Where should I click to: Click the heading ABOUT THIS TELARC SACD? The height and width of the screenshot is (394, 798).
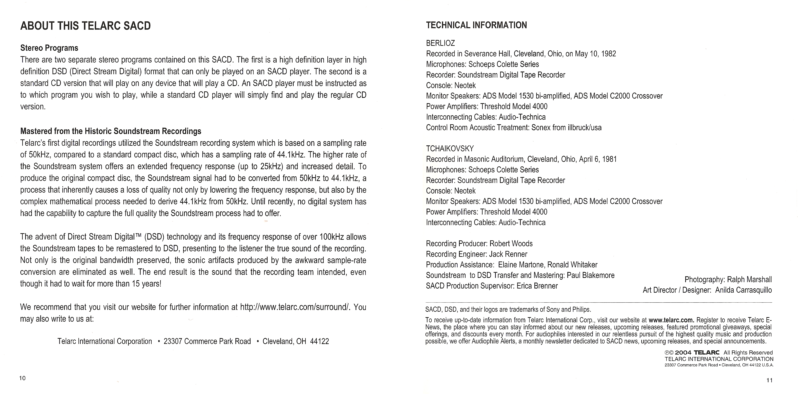coord(86,26)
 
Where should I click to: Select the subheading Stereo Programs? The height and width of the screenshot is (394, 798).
coord(49,48)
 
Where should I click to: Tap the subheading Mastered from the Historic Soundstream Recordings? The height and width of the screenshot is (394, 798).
coord(111,131)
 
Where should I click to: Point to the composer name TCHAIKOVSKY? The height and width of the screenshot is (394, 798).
coord(450,149)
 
